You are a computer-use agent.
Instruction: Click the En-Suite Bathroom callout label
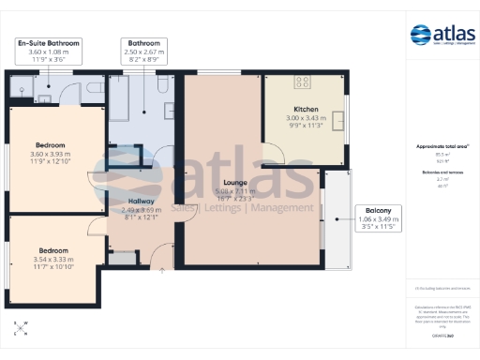[49, 49]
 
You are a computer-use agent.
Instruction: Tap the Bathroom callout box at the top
[143, 49]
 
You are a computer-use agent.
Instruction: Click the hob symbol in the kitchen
[303, 82]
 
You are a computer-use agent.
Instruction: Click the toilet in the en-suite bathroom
[22, 90]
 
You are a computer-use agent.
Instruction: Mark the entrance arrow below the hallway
[162, 271]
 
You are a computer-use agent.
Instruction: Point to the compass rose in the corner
[21, 329]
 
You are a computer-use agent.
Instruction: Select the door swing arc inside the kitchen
[277, 154]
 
